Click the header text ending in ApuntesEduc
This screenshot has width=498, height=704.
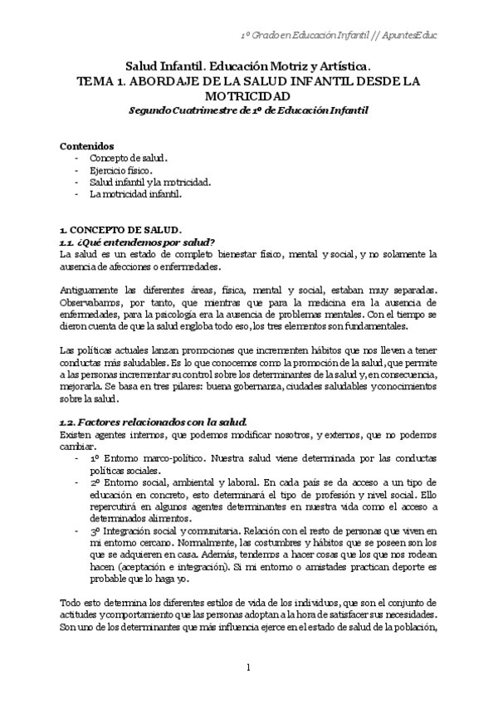[x=339, y=36]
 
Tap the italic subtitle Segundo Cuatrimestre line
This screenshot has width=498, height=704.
[x=249, y=110]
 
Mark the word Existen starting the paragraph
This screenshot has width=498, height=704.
[x=75, y=435]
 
